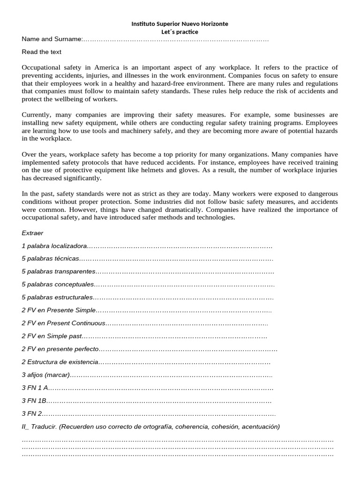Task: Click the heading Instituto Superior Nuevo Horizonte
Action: tap(180, 23)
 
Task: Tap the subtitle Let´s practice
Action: tap(180, 32)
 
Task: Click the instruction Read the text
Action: tap(41, 52)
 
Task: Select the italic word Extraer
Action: tap(32, 233)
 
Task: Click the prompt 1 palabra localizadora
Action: tap(54, 246)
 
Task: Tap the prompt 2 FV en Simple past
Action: tap(52, 336)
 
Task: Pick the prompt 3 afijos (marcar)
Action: tap(45, 375)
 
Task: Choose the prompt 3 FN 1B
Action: tap(34, 401)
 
